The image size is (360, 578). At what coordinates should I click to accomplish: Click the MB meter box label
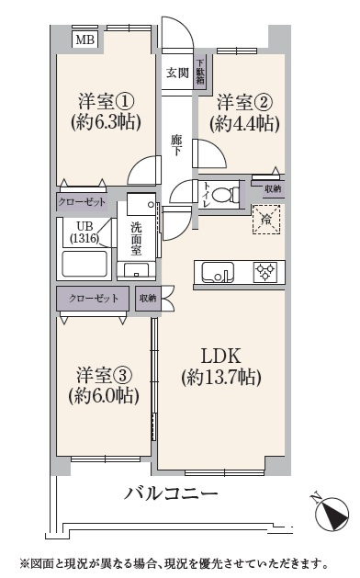click(85, 40)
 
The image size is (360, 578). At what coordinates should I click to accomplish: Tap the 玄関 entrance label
click(177, 73)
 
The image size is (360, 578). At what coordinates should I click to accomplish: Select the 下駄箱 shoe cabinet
click(200, 72)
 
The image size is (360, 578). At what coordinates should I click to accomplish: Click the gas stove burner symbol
click(265, 272)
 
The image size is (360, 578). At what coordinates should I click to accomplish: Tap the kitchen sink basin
click(217, 272)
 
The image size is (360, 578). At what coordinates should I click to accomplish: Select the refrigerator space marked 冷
click(266, 220)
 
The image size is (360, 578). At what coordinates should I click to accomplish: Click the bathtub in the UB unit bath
click(84, 264)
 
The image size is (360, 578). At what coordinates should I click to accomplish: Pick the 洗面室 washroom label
click(136, 239)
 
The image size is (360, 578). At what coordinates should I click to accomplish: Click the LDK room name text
click(220, 357)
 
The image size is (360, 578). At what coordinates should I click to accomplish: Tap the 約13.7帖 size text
click(221, 378)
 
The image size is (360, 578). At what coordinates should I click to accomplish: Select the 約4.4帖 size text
click(244, 123)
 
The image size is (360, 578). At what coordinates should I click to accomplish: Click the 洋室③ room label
click(104, 375)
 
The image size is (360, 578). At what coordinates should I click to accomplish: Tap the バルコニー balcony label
click(171, 493)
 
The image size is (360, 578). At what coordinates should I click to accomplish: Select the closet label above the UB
click(82, 202)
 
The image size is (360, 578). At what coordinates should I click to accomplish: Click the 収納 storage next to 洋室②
click(273, 189)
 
